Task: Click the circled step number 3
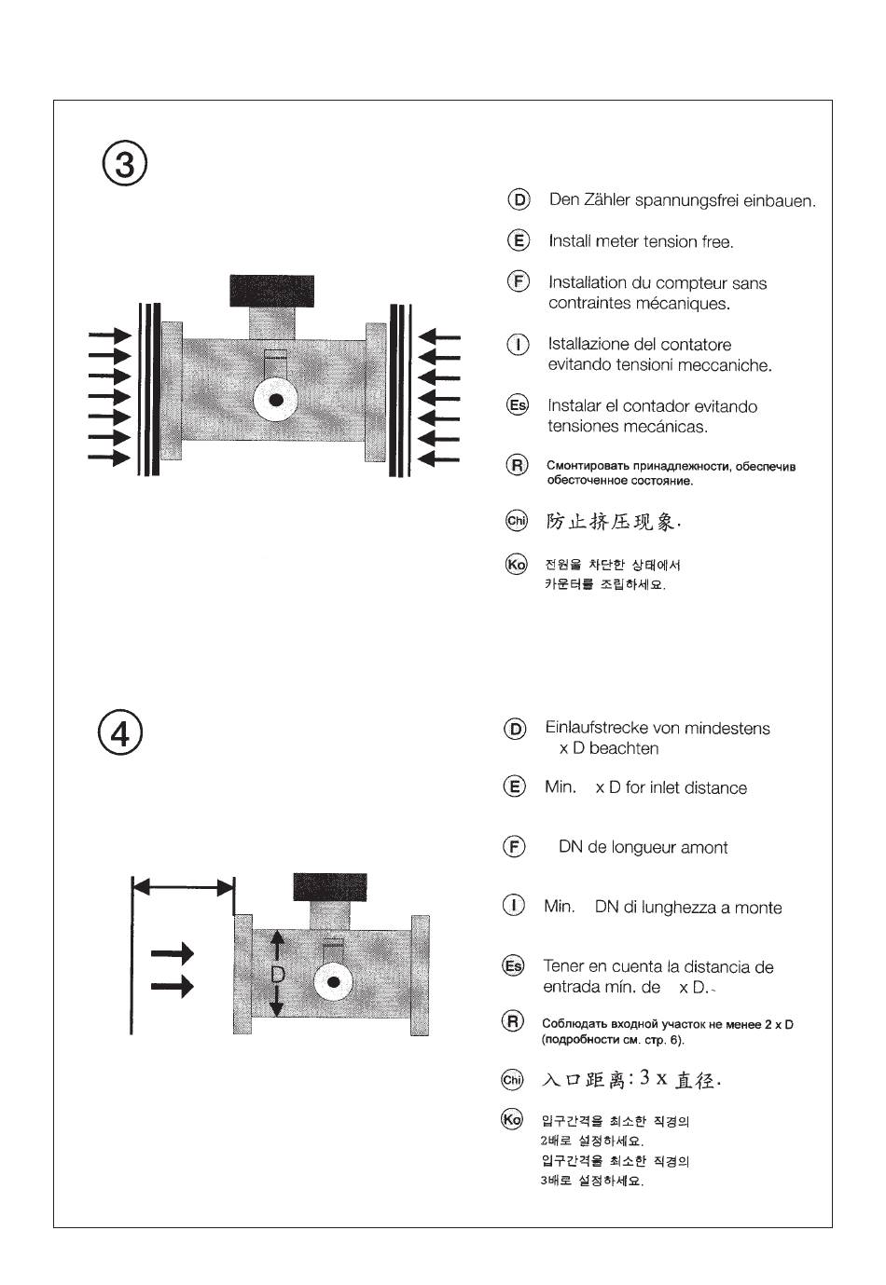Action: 124,165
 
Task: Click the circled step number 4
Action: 121,733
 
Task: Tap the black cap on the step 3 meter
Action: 272,290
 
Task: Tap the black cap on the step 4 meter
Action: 330,886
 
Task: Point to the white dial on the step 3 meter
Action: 276,400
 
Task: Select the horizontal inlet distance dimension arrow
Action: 183,888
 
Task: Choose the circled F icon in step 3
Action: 518,281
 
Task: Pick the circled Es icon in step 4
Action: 514,965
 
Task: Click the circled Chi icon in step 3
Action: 517,521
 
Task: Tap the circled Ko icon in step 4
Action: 512,1119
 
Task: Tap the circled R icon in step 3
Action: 517,465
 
